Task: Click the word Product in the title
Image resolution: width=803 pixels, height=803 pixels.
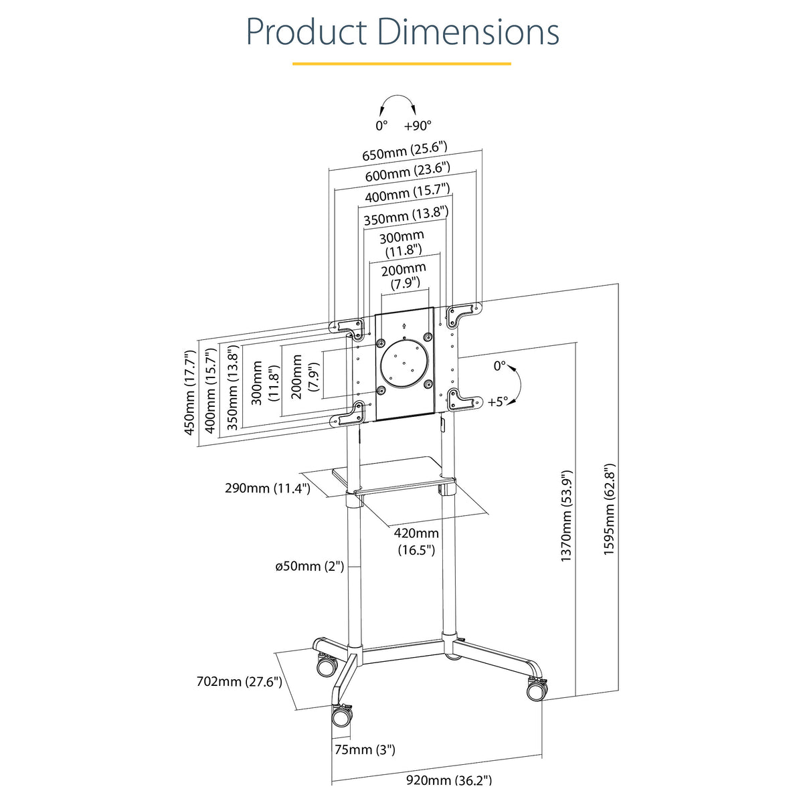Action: tap(306, 32)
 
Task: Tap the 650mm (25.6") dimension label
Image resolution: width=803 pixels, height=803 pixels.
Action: tap(405, 151)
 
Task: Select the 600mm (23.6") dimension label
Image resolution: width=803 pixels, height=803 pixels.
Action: tap(408, 172)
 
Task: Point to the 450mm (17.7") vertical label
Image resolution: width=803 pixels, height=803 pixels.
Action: tap(189, 393)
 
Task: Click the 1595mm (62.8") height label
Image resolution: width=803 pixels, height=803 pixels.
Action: tap(609, 509)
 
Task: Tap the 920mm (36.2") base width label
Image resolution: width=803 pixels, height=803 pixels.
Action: tap(449, 780)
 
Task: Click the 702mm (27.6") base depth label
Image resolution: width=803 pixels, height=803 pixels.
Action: tap(239, 682)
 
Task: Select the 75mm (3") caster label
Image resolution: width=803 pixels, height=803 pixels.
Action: tap(365, 749)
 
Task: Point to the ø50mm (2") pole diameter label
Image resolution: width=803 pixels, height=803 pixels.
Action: tap(310, 566)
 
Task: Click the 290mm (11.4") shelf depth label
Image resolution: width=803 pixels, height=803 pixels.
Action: tap(268, 488)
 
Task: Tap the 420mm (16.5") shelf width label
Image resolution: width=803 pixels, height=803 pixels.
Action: tap(416, 541)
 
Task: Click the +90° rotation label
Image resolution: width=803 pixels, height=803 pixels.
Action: tap(418, 125)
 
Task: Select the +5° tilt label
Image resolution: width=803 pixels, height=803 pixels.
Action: tap(498, 401)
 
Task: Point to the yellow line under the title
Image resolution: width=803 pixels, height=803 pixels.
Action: tap(401, 64)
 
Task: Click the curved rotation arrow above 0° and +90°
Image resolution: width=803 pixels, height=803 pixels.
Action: tap(397, 96)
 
